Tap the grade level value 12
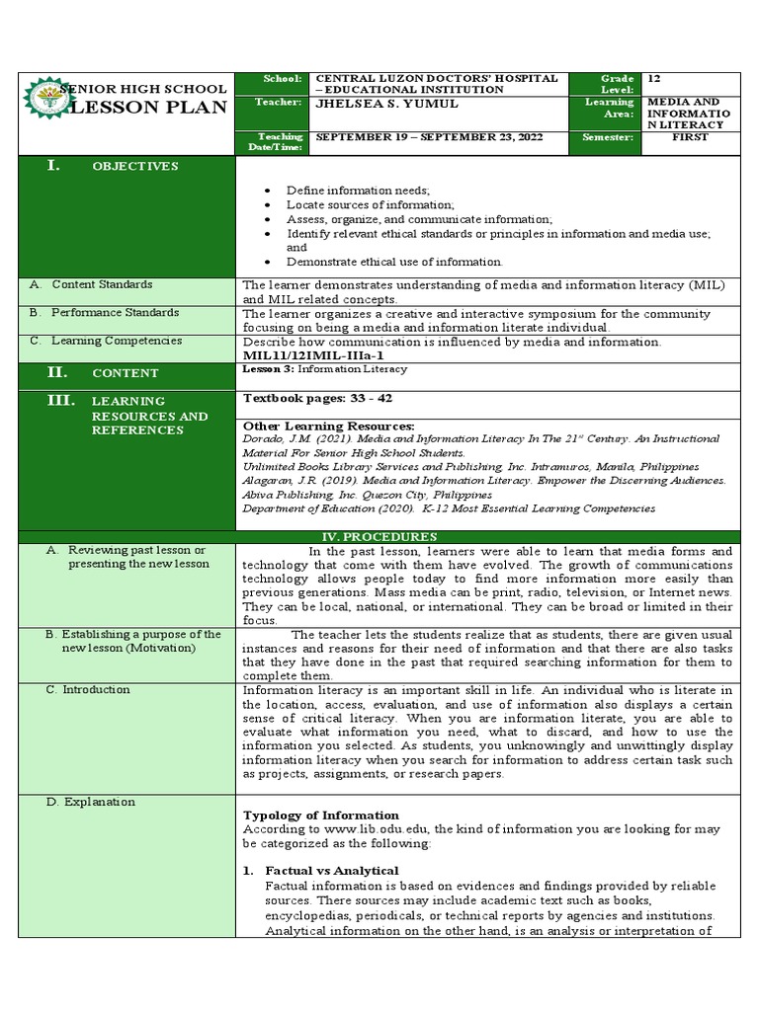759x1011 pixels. (x=654, y=78)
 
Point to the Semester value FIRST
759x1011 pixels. (x=690, y=137)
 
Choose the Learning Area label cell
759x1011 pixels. (x=609, y=109)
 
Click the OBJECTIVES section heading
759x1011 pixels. (x=134, y=166)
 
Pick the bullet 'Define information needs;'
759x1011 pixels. (x=358, y=190)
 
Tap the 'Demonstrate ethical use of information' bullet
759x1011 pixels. (x=394, y=262)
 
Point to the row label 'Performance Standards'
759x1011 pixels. (x=116, y=312)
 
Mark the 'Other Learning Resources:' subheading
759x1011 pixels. (x=328, y=426)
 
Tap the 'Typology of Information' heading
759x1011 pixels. (x=321, y=816)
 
